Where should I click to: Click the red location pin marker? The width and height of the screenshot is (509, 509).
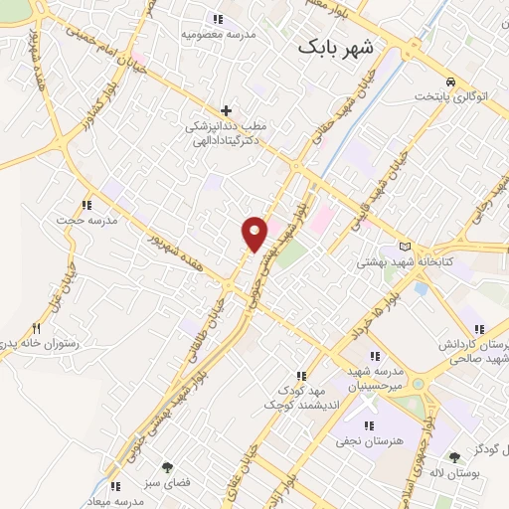[x=254, y=233]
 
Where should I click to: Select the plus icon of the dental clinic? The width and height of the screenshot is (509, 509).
[x=227, y=110]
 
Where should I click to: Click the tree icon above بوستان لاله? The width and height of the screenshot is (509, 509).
[x=454, y=457]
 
